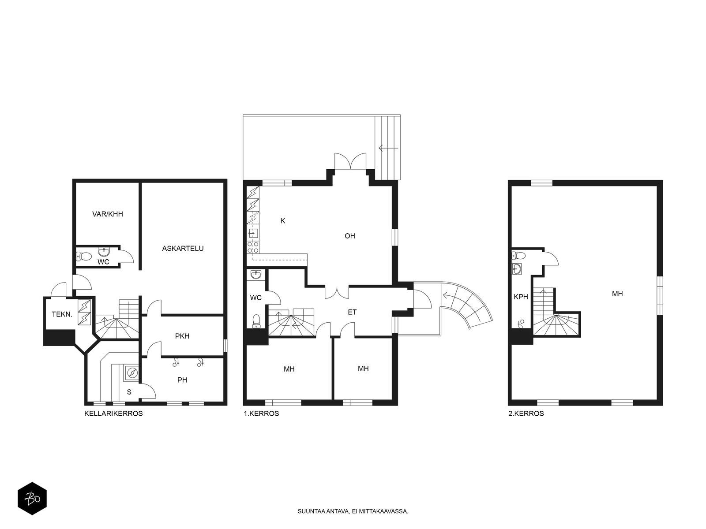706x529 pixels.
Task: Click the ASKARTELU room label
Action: click(182, 248)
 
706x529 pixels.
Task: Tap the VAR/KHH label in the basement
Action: click(107, 214)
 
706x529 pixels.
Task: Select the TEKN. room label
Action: click(62, 314)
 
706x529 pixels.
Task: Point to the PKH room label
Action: click(182, 336)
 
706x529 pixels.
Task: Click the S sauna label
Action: click(129, 392)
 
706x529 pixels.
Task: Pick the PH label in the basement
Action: click(182, 380)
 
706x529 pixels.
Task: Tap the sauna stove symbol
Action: click(132, 373)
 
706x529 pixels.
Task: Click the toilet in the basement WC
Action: click(84, 256)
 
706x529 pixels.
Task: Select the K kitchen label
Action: click(283, 221)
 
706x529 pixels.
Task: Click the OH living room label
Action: click(349, 236)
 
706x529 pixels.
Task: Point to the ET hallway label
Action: click(352, 312)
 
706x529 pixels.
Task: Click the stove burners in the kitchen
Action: click(253, 247)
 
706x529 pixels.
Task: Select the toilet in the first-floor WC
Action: click(256, 321)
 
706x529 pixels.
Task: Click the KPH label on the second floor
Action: click(521, 297)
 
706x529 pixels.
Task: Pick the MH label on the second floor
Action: click(617, 294)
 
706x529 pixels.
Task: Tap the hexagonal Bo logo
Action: click(32, 499)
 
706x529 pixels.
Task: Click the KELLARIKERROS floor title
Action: click(113, 414)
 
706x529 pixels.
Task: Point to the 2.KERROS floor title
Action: click(526, 414)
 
